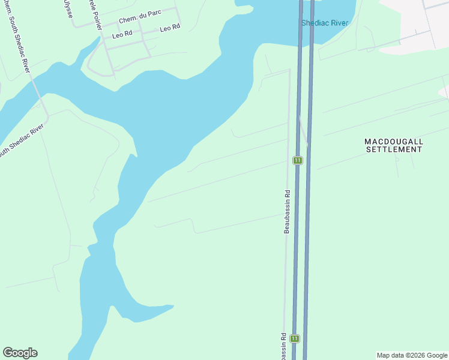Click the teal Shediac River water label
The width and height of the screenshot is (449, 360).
click(325, 23)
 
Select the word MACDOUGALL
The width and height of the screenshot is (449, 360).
click(394, 142)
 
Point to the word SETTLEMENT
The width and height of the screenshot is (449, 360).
click(394, 149)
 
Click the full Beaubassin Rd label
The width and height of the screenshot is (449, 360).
click(287, 212)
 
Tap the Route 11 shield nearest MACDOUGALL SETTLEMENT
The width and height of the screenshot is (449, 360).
click(297, 160)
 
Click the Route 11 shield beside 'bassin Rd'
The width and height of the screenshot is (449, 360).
click(294, 339)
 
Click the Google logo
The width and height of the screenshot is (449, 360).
click(20, 353)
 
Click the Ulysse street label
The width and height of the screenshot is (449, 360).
click(68, 8)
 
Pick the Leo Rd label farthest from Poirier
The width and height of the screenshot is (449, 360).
click(170, 28)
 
